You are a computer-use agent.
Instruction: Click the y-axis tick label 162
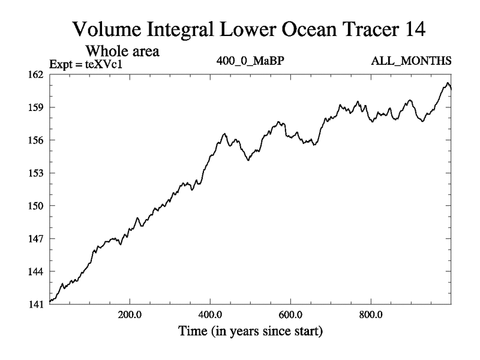[x=37, y=75]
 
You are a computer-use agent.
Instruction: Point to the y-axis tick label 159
[x=37, y=107]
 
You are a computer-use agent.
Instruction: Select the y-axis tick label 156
[x=37, y=140]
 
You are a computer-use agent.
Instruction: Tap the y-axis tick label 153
[x=37, y=173]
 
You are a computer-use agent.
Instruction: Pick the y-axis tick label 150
[x=37, y=206]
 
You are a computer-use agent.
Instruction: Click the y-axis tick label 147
[x=37, y=238]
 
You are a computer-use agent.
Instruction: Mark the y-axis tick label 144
[x=37, y=271]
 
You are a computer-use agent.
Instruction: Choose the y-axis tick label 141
[x=37, y=304]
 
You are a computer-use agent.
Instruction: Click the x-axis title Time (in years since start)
[x=250, y=331]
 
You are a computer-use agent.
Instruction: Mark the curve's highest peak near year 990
[x=448, y=83]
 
